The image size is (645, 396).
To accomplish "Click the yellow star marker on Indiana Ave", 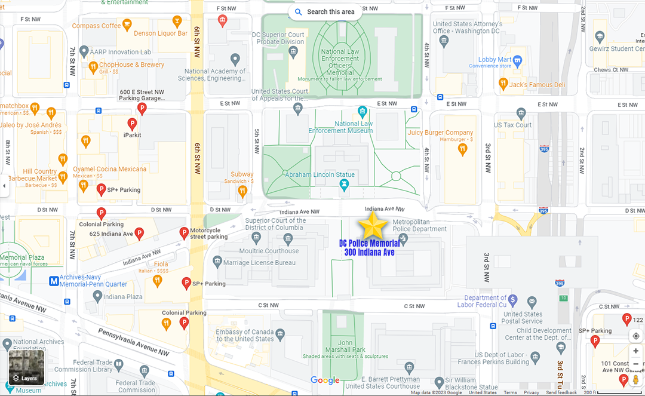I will [x=373, y=226].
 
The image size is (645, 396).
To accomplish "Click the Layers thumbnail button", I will [x=26, y=367].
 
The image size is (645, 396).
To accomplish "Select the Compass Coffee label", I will [x=96, y=26].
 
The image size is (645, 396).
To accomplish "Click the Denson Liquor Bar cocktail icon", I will [x=177, y=22].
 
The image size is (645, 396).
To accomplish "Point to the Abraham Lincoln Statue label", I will [x=320, y=175].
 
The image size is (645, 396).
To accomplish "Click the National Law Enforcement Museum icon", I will [x=362, y=111].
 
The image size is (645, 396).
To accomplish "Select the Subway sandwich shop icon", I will [x=242, y=191].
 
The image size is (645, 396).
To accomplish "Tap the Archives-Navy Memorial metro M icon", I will [x=54, y=280].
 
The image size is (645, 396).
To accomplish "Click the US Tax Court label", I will [x=512, y=125].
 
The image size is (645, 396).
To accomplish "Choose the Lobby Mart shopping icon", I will [x=517, y=60].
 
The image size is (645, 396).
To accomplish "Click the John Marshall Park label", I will [x=345, y=346].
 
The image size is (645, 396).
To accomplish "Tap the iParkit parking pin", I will [x=133, y=124].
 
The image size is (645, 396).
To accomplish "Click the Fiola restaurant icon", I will [x=157, y=279].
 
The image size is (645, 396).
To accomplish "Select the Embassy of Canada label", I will [x=245, y=335].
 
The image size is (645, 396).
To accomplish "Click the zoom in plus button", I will [x=635, y=351].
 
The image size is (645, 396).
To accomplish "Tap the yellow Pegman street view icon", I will [x=635, y=379].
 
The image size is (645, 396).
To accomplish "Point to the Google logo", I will [x=325, y=380].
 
